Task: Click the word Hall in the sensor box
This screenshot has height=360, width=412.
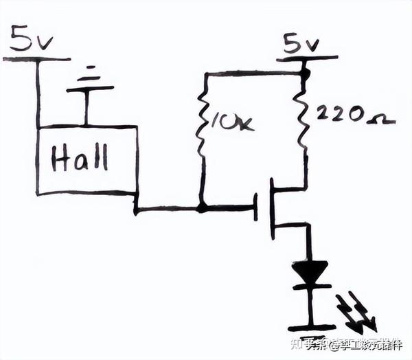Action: point(80,159)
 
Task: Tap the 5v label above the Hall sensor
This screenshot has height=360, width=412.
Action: point(30,43)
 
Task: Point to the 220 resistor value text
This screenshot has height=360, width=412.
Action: point(341,115)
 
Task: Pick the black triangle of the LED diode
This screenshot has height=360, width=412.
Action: point(310,272)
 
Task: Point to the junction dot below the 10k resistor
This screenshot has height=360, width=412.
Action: point(202,207)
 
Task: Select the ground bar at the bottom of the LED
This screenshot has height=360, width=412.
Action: point(310,328)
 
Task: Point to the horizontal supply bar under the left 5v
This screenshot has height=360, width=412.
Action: point(37,59)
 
